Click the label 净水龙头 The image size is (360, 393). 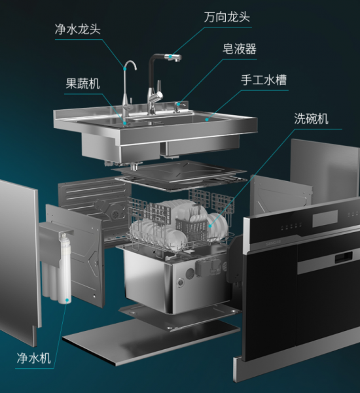78,29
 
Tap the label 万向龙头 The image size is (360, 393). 226,17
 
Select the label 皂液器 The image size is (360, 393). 240,49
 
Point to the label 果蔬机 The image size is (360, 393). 82,84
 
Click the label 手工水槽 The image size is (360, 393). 264,80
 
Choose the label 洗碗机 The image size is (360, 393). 311,118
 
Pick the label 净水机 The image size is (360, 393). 33,358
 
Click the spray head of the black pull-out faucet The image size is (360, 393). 173,58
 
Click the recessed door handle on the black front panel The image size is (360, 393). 344,257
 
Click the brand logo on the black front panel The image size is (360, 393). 273,243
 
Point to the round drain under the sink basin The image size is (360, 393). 135,166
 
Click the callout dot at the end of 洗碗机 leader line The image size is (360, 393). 209,226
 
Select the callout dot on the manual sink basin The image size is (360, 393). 207,119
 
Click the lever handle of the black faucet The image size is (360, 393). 159,88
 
